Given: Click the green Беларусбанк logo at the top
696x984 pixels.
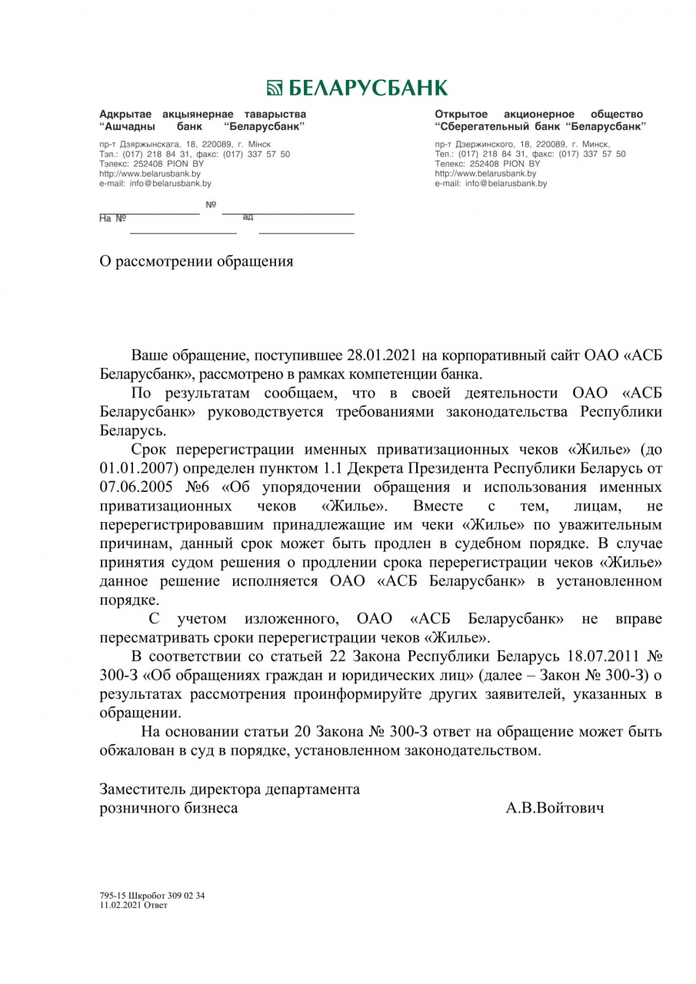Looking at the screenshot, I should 356,87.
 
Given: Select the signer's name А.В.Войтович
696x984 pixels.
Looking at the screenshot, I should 554,807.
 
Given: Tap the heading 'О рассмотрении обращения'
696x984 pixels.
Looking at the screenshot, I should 196,261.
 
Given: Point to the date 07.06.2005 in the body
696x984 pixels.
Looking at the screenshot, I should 132,487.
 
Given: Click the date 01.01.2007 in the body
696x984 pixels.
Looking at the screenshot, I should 132,468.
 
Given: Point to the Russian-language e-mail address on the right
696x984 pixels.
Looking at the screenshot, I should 506,184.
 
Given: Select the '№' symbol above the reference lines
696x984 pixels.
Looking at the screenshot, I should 211,204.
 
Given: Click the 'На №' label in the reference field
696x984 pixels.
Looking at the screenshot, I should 112,218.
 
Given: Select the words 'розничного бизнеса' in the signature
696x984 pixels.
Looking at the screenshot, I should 168,808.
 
